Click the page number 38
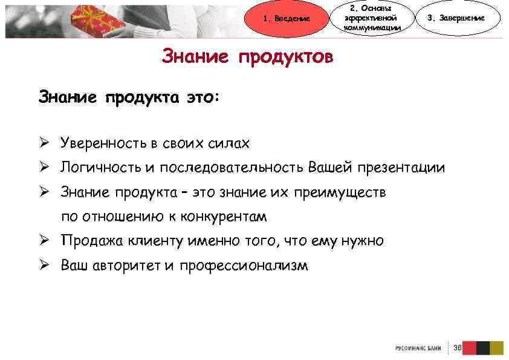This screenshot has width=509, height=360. tap(458, 347)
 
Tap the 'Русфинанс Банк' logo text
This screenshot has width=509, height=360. tap(418, 348)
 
